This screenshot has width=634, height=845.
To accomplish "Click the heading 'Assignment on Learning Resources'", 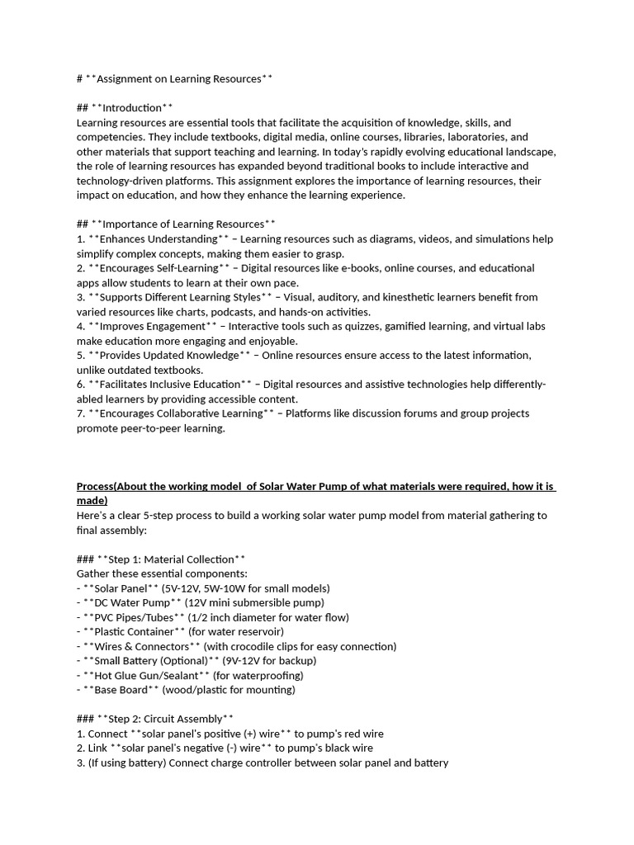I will click(x=178, y=79).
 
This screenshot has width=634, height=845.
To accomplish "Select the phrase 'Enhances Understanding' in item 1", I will click(x=153, y=239).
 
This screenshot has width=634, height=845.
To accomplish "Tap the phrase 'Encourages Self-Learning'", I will click(x=156, y=268).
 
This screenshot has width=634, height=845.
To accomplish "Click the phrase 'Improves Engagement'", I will click(x=146, y=326).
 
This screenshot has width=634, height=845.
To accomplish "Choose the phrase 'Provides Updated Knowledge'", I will click(x=163, y=356).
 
